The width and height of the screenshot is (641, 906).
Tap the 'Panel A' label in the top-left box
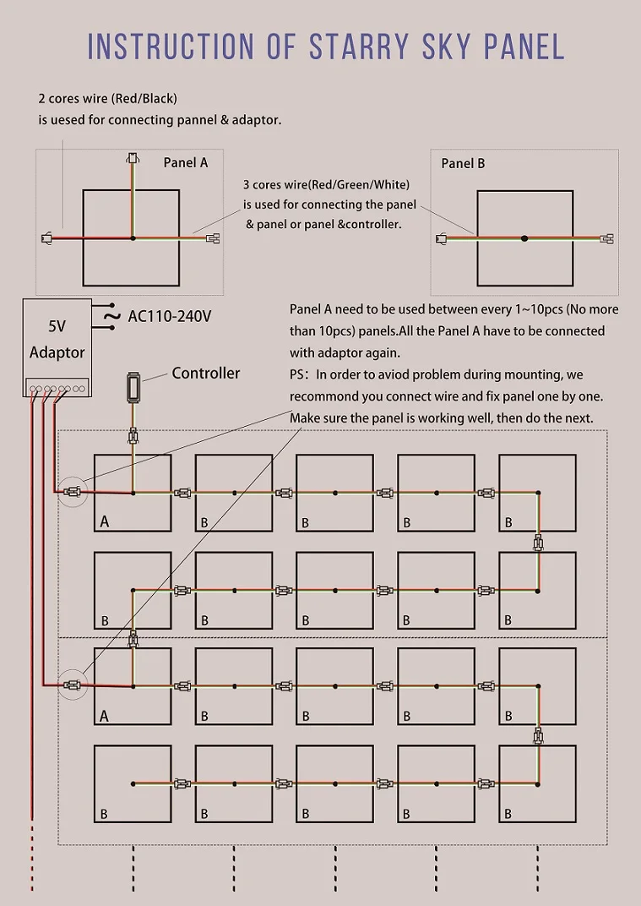click(185, 162)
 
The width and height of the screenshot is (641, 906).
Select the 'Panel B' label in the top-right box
click(463, 163)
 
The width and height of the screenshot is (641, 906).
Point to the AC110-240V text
click(169, 317)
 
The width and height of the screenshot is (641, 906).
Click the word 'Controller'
click(206, 373)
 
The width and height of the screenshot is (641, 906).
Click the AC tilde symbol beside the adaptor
click(111, 317)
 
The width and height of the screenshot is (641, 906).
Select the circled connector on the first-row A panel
click(73, 491)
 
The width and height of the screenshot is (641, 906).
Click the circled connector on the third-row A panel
click(73, 685)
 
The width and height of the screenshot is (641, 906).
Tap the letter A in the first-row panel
click(105, 521)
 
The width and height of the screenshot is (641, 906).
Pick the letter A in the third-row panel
click(105, 716)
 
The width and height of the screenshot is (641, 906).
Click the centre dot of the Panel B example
click(524, 238)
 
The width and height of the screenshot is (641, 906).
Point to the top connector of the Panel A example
click(132, 158)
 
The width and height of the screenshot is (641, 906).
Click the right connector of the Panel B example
click(606, 239)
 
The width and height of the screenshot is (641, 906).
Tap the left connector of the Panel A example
click(48, 238)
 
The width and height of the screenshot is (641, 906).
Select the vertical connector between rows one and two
click(537, 542)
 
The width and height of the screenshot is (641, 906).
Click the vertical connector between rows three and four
click(537, 735)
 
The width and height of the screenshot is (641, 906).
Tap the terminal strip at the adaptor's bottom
click(56, 389)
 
